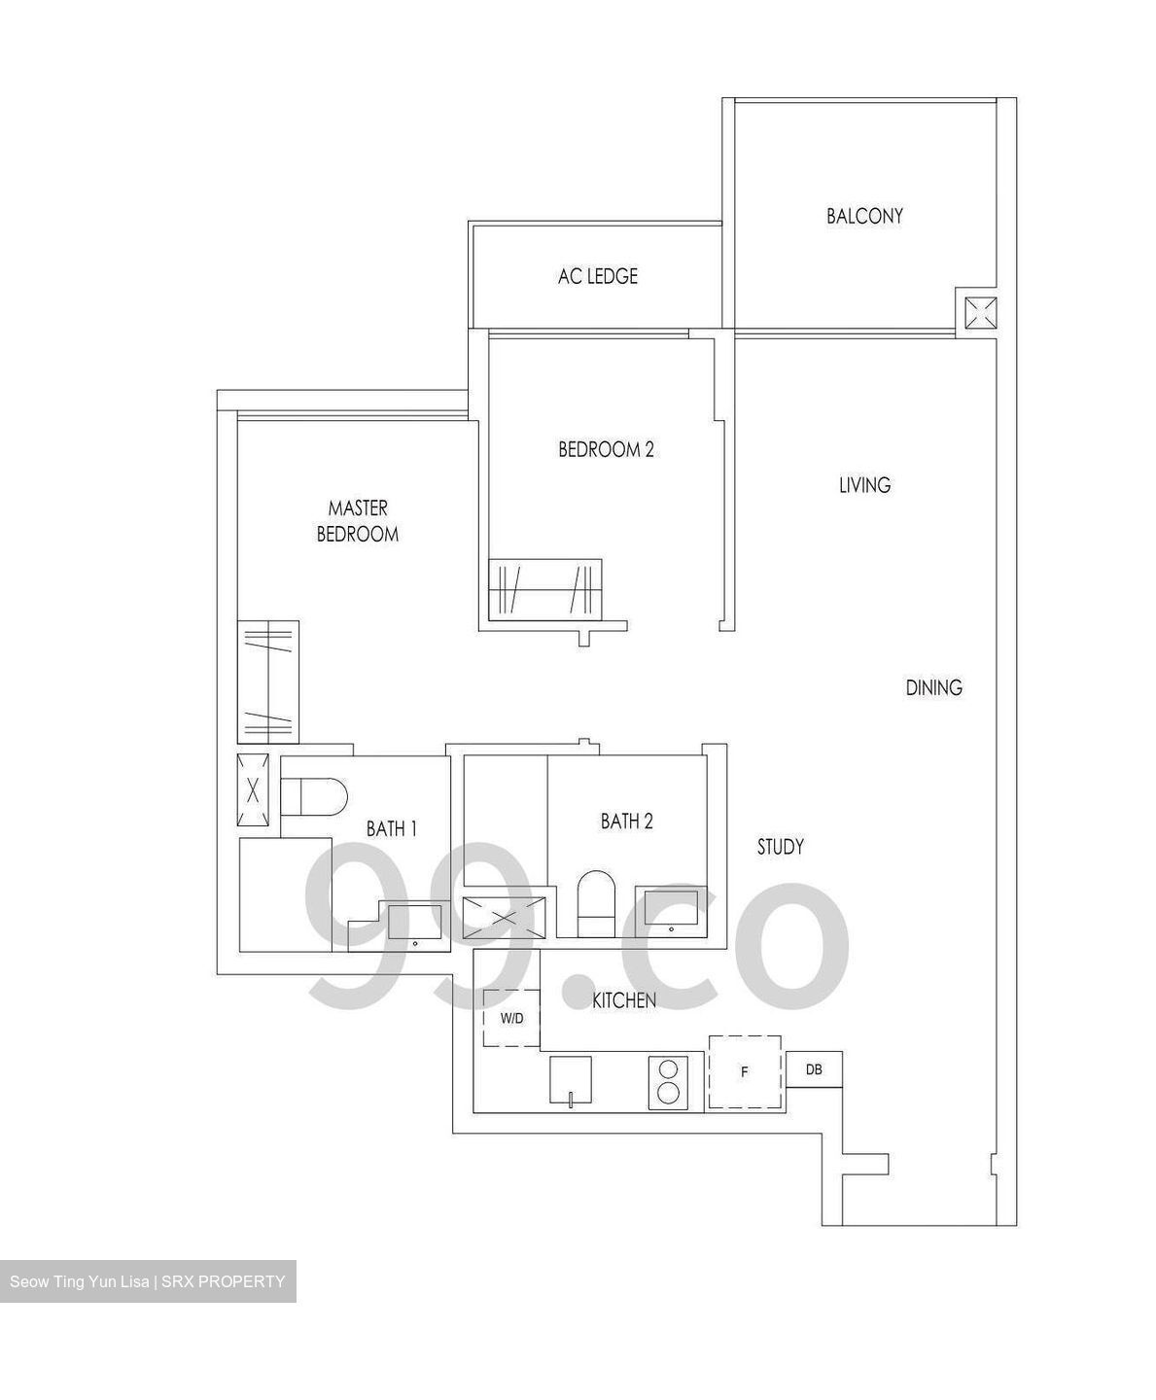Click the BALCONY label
tap(864, 216)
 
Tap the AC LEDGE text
tap(597, 276)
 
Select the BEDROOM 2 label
tap(606, 449)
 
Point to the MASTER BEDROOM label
tap(357, 521)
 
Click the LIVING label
tap(864, 485)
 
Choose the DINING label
tap(933, 688)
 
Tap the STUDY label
tap(780, 847)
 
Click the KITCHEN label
tap(624, 1000)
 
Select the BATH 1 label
tap(392, 829)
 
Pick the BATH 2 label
tap(626, 822)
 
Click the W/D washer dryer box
tap(511, 1018)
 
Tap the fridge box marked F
tap(745, 1071)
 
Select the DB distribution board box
tap(814, 1069)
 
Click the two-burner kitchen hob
tap(668, 1081)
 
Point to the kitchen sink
tap(570, 1080)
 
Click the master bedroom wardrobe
tap(267, 682)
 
